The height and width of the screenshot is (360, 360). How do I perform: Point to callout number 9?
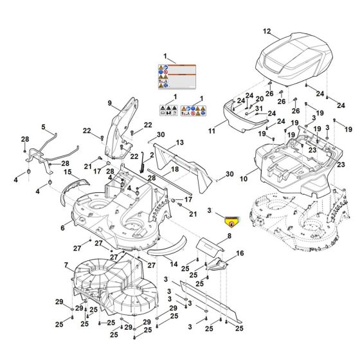tap(109, 102)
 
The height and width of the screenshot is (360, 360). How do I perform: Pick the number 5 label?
tap(44, 127)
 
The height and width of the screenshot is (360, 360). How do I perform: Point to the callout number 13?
tap(180, 141)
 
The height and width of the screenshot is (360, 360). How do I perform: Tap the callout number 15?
tap(67, 172)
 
